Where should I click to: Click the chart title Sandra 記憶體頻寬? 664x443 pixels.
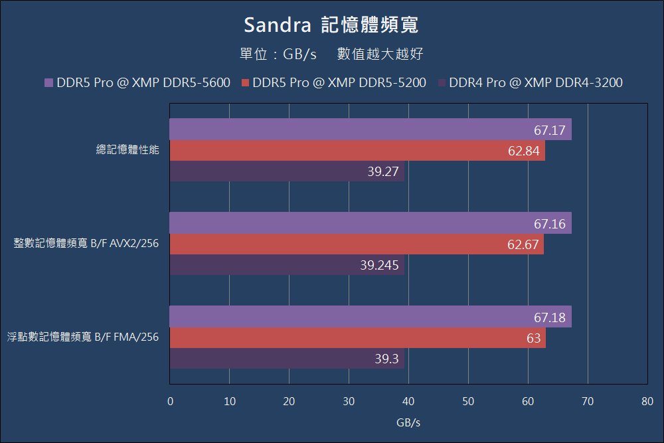coord(331,25)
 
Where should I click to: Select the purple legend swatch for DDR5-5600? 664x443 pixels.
coord(48,83)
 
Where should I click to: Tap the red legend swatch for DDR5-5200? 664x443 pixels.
coord(245,83)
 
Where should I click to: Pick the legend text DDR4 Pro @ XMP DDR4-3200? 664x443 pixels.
coord(535,83)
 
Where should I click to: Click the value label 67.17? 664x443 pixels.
coord(549,130)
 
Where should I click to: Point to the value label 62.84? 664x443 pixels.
coord(523,151)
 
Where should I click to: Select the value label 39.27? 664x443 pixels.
coord(382,172)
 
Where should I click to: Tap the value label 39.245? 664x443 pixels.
coord(379,266)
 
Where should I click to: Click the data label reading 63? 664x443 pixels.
coord(533,338)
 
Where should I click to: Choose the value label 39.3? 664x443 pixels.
coord(386,359)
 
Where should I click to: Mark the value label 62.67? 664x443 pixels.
coord(523,245)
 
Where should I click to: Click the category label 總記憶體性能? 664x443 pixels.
coord(127,151)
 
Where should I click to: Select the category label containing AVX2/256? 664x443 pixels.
coord(86,244)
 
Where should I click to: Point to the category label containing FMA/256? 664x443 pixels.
coord(83,338)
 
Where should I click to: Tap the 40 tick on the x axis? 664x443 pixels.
coord(408,401)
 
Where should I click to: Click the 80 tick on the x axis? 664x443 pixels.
coord(647,401)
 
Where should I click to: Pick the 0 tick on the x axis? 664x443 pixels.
coord(170,401)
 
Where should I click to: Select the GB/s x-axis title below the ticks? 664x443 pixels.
coord(408,422)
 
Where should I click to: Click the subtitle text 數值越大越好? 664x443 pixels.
coord(380,54)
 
